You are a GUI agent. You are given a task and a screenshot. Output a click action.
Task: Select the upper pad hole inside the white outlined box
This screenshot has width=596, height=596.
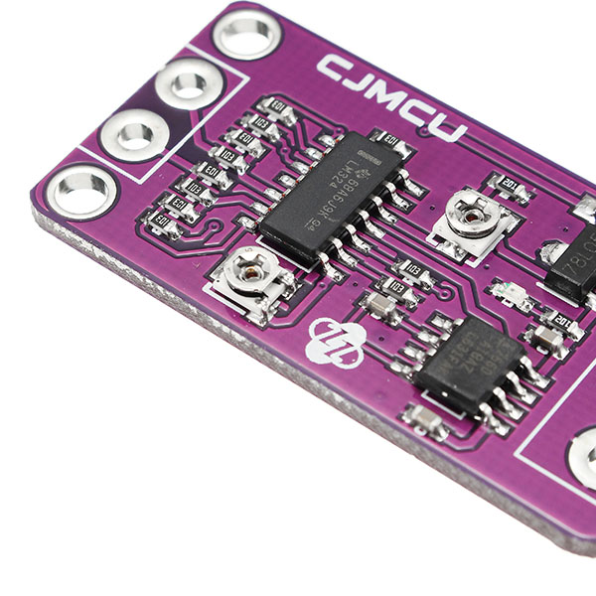point(188,83)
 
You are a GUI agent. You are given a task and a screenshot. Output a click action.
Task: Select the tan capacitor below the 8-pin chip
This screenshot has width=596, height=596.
point(426,421)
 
